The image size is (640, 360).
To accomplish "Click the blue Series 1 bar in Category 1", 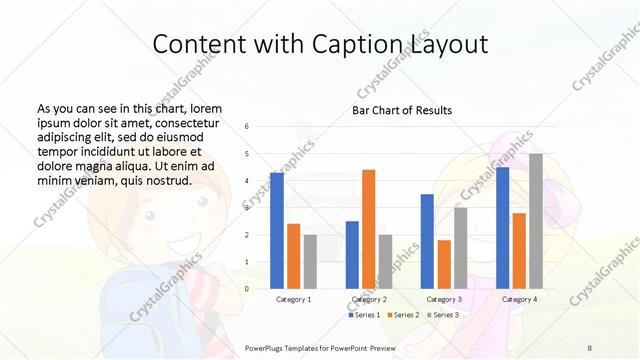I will pyautogui.click(x=277, y=230).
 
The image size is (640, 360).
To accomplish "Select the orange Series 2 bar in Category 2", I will pyautogui.click(x=368, y=228).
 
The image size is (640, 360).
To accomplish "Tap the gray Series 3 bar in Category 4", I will pyautogui.click(x=536, y=221).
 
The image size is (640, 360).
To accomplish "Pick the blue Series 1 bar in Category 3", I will pyautogui.click(x=427, y=241).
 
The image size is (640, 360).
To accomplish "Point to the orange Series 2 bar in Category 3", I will pyautogui.click(x=444, y=264).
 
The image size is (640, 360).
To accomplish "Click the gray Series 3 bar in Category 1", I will pyautogui.click(x=310, y=261).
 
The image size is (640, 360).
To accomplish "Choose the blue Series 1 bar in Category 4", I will pyautogui.click(x=502, y=227).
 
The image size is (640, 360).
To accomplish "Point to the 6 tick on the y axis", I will pyautogui.click(x=247, y=126).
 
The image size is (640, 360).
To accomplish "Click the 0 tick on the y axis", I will pyautogui.click(x=247, y=289).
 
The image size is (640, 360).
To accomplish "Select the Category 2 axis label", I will pyautogui.click(x=368, y=299).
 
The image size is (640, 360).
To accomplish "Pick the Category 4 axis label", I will pyautogui.click(x=519, y=299).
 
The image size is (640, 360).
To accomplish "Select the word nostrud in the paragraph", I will pyautogui.click(x=166, y=180).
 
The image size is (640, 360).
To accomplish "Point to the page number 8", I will pyautogui.click(x=590, y=346).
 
